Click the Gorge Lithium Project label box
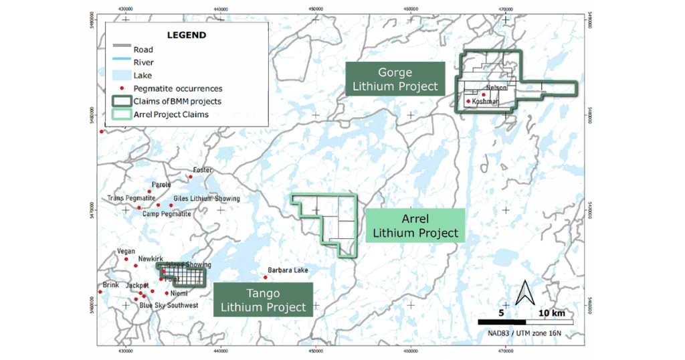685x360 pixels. click(395, 79)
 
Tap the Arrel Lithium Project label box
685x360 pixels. click(415, 226)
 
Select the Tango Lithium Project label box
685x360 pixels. click(263, 300)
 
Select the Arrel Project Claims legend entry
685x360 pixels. click(171, 114)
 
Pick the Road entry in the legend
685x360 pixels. click(143, 50)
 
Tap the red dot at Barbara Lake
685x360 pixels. click(266, 277)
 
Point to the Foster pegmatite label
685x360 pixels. click(202, 170)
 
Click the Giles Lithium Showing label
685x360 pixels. click(206, 199)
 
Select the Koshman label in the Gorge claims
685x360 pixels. click(486, 101)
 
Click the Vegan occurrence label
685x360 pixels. click(126, 252)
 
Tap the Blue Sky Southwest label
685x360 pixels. click(169, 306)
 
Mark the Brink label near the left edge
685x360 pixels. click(110, 284)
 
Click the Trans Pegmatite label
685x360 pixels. click(131, 199)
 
